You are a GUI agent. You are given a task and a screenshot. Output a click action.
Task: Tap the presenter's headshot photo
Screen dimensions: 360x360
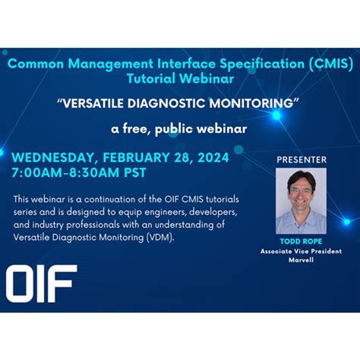(301, 201)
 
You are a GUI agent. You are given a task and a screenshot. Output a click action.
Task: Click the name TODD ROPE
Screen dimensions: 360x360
(301, 242)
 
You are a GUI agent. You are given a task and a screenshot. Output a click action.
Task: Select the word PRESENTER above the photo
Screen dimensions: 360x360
(301, 159)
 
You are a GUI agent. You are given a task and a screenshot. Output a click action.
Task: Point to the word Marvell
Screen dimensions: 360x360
(301, 261)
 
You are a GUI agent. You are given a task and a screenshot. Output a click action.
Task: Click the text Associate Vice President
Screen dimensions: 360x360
(301, 251)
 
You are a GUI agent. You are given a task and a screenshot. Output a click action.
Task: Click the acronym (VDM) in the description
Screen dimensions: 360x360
(158, 238)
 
